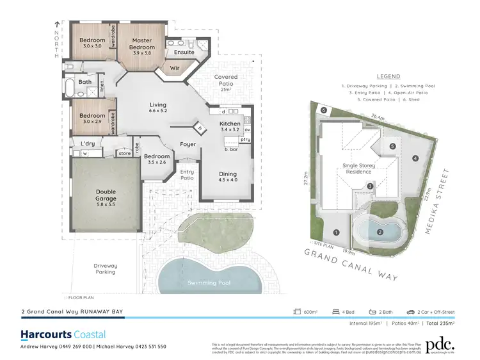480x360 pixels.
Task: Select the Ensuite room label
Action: coord(184,52)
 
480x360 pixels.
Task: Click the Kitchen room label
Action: coord(229,123)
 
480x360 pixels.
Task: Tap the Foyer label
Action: coord(188,144)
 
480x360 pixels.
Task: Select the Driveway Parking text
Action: coord(105,268)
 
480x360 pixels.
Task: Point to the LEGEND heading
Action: coord(388,75)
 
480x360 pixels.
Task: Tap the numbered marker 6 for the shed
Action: coord(324,110)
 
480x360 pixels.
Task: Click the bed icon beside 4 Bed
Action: coord(335,313)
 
